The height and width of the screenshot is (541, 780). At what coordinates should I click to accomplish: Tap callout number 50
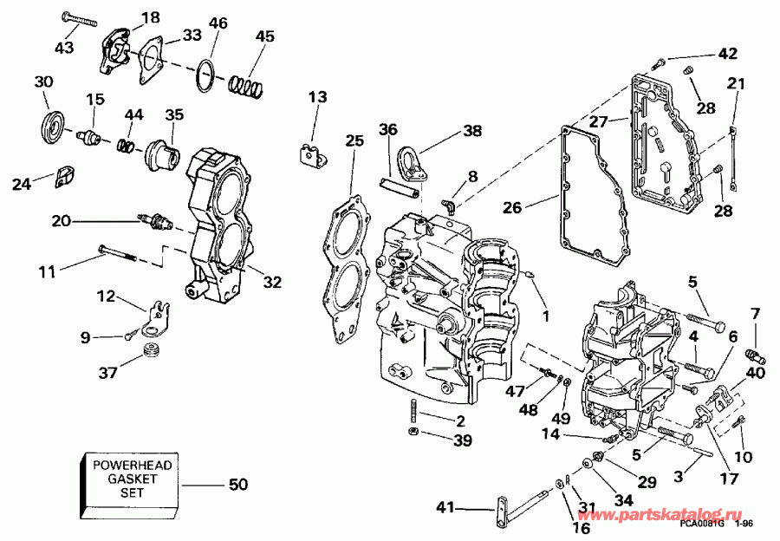coord(237,484)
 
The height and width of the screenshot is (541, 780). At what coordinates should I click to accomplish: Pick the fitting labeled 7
coord(754,354)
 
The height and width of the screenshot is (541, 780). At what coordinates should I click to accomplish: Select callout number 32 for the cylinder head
coord(272,282)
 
